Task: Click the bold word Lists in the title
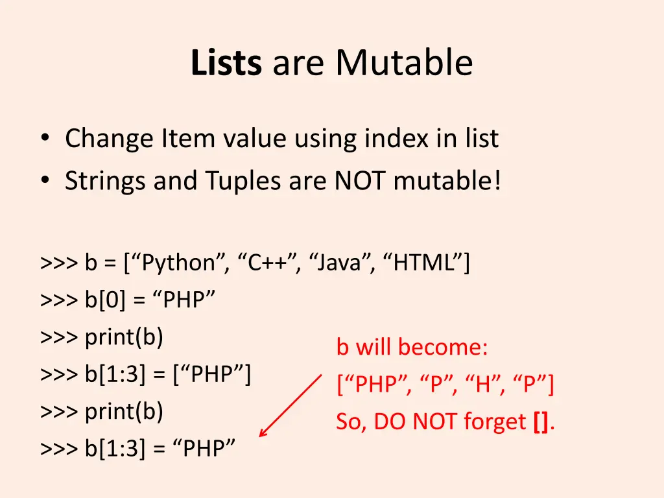point(226,64)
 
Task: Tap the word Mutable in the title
point(404,64)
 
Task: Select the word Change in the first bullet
point(109,139)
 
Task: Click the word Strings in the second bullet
point(106,181)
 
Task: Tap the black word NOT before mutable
point(361,181)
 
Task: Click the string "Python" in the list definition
point(179,263)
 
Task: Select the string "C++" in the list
point(268,263)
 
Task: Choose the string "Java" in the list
point(341,263)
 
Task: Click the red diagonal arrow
point(290,405)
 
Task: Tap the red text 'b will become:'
point(412,348)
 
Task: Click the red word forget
point(495,422)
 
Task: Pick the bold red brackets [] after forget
point(541,422)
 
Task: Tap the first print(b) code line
point(124,337)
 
